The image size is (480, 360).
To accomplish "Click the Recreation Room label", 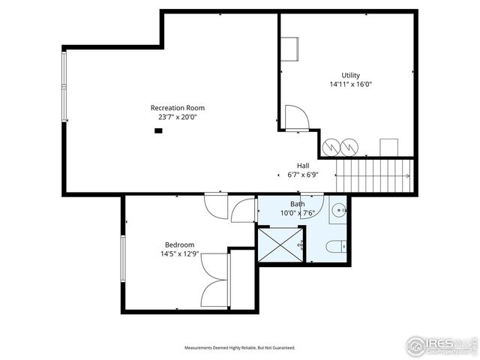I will (177, 108).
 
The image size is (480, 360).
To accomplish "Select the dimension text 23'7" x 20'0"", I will (177, 117).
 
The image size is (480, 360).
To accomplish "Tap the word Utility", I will (350, 75).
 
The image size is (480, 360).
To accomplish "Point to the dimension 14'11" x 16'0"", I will (350, 85).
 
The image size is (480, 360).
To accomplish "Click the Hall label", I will (303, 166).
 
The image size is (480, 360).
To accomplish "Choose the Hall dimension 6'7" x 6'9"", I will (303, 175).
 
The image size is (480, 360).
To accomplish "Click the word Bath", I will (298, 204).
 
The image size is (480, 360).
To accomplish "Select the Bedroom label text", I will (179, 245).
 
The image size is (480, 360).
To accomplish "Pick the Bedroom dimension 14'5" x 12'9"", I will (179, 254).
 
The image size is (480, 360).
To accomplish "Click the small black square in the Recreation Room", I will (158, 130).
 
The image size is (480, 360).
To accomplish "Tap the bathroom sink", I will (338, 210).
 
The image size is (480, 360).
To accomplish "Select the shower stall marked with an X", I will (280, 244).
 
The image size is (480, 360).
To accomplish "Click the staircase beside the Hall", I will (374, 175).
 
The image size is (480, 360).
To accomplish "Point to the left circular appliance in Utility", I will (331, 147).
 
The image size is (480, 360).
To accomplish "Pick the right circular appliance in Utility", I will (349, 147).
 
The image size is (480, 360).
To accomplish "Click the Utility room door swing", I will (295, 117).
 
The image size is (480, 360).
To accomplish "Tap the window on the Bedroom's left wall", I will (122, 259).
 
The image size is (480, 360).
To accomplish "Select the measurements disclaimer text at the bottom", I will (240, 348).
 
